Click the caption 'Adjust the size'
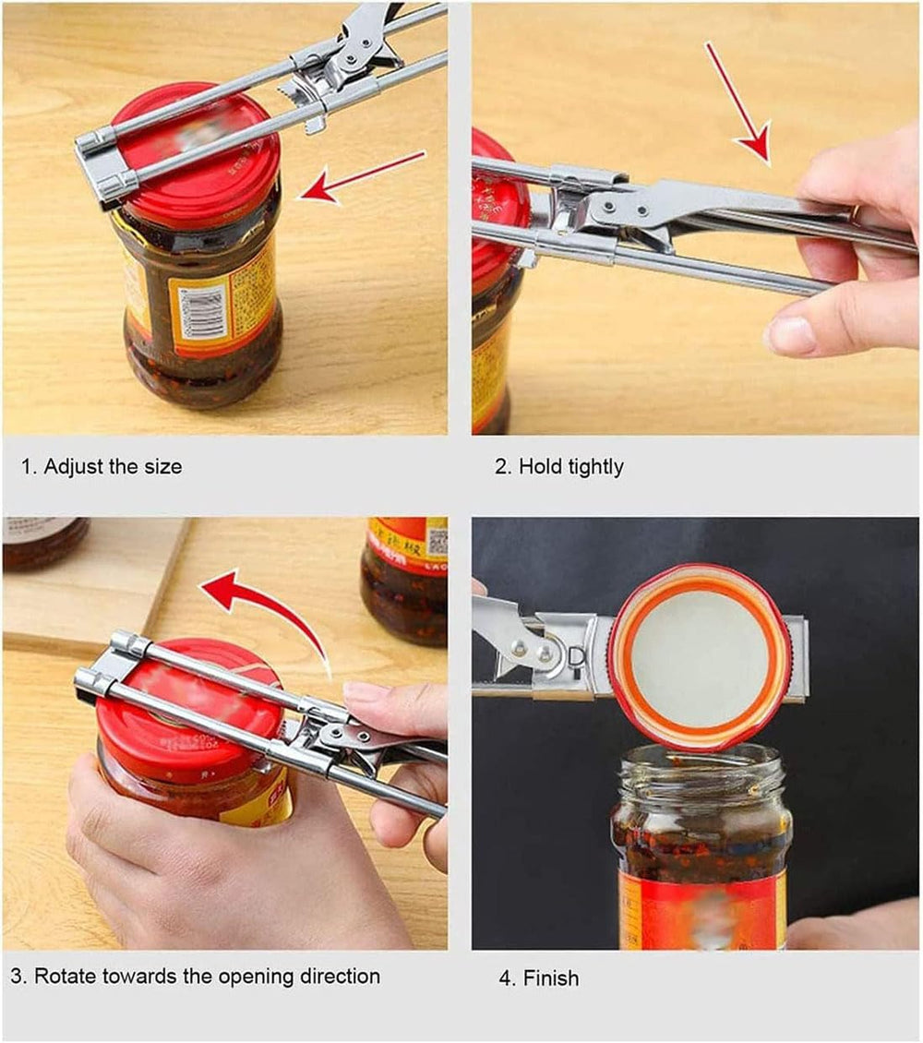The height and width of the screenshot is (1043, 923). coord(102,466)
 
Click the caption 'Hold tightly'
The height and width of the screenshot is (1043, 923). coord(559,466)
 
